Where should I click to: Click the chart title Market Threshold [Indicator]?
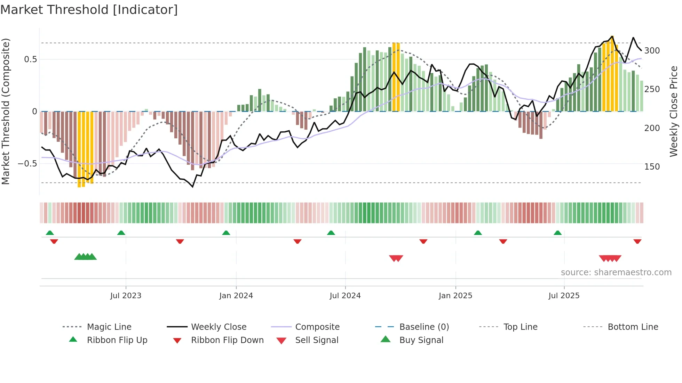click(89, 10)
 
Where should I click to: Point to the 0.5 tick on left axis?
click(31, 59)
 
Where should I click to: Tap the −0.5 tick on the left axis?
click(27, 164)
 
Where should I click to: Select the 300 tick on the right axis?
click(652, 51)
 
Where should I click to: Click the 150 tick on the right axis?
click(652, 167)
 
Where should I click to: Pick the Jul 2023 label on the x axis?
click(126, 296)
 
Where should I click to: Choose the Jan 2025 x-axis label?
click(455, 296)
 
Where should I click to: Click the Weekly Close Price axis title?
click(674, 111)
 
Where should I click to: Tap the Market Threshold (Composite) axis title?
click(6, 111)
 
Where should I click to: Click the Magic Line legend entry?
click(109, 327)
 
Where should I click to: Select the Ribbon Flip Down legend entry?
click(227, 340)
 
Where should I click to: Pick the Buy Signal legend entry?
click(421, 340)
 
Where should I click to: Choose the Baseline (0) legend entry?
click(424, 327)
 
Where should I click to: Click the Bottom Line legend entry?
click(633, 327)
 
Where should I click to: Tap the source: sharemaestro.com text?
click(616, 272)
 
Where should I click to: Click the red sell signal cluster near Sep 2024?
click(396, 258)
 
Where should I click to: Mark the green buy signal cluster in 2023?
click(86, 257)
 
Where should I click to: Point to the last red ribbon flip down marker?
click(637, 241)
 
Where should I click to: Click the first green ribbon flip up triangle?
click(50, 233)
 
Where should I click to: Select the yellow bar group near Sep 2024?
click(396, 76)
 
